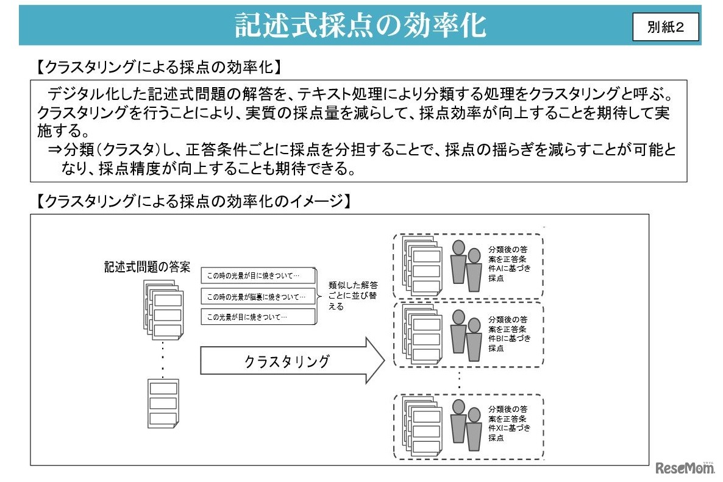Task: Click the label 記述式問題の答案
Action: pos(147,267)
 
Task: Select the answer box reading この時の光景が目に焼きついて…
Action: pos(258,276)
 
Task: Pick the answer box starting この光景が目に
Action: pos(258,317)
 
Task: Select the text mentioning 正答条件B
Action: pos(508,333)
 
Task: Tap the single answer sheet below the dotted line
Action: pos(163,403)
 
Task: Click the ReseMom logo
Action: pos(685,468)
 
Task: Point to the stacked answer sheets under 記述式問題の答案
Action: pos(163,311)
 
